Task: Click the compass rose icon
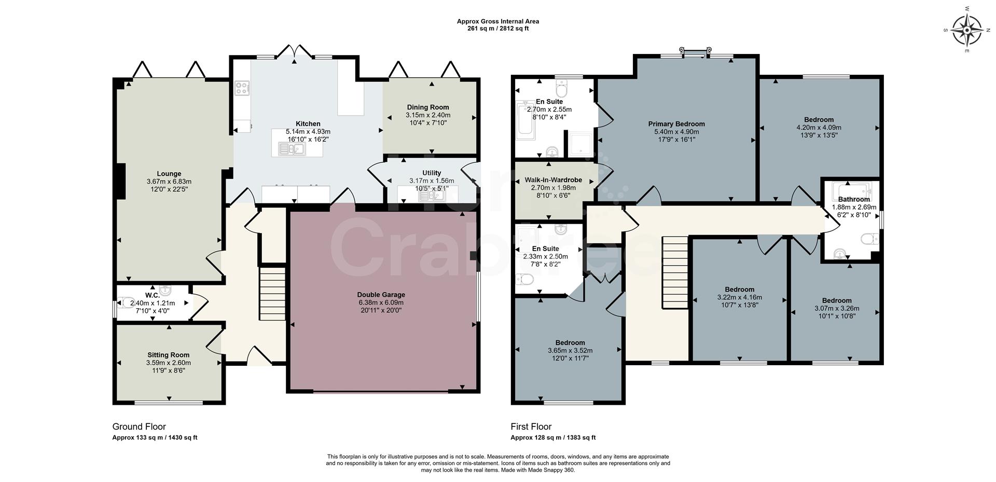pyautogui.click(x=967, y=30)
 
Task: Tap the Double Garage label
pyautogui.click(x=381, y=295)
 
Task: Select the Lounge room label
pyautogui.click(x=169, y=174)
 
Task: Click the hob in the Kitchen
pyautogui.click(x=242, y=88)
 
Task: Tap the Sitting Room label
pyautogui.click(x=168, y=355)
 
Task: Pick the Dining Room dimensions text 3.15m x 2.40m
pyautogui.click(x=428, y=115)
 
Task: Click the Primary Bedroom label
pyautogui.click(x=676, y=124)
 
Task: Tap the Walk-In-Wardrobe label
pyautogui.click(x=553, y=180)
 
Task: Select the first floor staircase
pyautogui.click(x=674, y=272)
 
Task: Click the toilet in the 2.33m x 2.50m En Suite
pyautogui.click(x=525, y=280)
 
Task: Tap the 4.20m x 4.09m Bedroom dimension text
pyautogui.click(x=819, y=128)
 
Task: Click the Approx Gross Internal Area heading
pyautogui.click(x=497, y=21)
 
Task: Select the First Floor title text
pyautogui.click(x=531, y=426)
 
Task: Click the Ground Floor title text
pyautogui.click(x=139, y=426)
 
